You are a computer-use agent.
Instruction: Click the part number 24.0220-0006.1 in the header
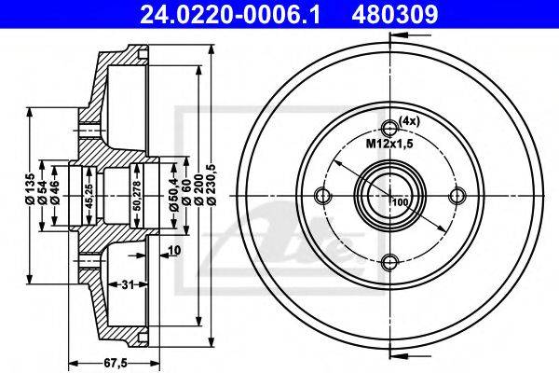click(230, 15)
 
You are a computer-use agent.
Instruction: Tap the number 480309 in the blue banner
click(395, 15)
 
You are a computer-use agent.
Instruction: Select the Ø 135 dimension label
click(30, 188)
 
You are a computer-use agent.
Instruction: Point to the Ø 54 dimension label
click(43, 192)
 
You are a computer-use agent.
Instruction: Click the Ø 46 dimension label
click(55, 192)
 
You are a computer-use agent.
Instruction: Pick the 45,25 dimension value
click(89, 196)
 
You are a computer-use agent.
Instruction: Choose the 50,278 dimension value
click(135, 196)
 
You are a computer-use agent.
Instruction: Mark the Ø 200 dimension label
click(199, 189)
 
